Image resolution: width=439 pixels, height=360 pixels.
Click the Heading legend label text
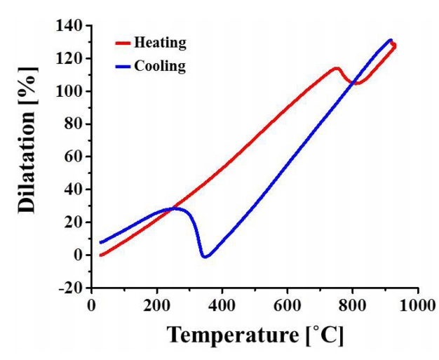click(x=161, y=44)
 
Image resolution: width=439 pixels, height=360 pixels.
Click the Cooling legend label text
click(x=161, y=67)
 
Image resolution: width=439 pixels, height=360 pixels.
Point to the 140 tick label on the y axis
click(x=72, y=26)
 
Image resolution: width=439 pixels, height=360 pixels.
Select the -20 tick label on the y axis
click(x=72, y=288)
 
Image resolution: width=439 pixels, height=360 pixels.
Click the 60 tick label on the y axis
click(x=76, y=157)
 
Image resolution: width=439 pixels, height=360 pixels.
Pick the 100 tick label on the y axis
click(x=72, y=92)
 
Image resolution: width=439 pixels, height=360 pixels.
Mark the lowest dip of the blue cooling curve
click(x=204, y=257)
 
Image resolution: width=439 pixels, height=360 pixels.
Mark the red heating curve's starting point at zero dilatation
click(x=101, y=255)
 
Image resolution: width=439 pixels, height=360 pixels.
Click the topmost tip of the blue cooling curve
click(x=390, y=40)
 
